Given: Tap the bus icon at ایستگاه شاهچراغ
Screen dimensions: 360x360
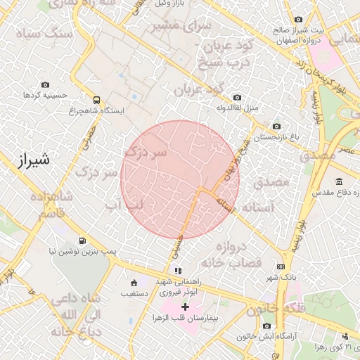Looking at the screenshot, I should point(96,100).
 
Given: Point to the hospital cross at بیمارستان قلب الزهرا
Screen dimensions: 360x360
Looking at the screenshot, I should point(185,307).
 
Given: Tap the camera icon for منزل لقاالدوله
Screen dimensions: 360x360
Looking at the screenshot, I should point(236,97).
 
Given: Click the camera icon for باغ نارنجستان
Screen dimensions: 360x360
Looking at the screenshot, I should point(276,126).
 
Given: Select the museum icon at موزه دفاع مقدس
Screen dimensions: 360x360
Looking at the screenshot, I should point(339,181).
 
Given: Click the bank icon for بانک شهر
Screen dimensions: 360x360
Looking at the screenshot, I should point(281,266).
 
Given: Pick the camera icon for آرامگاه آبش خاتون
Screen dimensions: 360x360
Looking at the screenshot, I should point(267,326).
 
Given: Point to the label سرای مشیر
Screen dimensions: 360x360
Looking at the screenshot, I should point(172,27).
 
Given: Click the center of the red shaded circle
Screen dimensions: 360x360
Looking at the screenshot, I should point(180,179).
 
